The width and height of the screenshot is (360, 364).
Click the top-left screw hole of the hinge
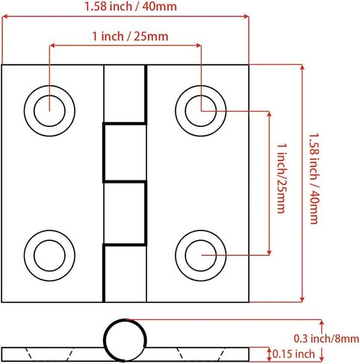pos(49,111)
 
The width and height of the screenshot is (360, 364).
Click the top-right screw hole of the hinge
pos(201,111)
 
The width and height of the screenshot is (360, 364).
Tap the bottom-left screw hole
pos(49,255)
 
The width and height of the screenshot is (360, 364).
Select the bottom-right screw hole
pos(201,255)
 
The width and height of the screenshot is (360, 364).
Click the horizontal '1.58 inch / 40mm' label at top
pos(131,7)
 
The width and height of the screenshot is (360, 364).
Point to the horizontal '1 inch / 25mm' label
pos(130,37)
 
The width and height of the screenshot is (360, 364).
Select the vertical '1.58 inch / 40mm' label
pos(314,179)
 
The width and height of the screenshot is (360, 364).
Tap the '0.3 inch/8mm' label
pos(326,339)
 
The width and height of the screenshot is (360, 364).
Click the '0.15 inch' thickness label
pos(294,354)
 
